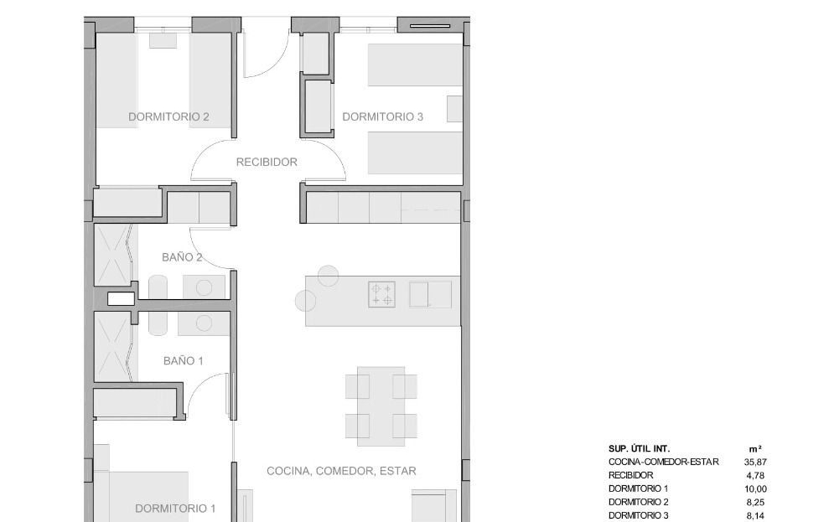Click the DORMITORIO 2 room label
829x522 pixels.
point(168,116)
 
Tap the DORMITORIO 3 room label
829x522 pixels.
point(383,116)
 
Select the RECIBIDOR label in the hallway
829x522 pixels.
point(267,163)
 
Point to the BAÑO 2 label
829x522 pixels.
point(182,257)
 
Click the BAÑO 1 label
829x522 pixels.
point(184,361)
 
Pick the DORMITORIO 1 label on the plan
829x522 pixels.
point(175,509)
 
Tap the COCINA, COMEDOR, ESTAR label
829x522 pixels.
point(341,471)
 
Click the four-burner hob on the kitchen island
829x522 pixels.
point(381,294)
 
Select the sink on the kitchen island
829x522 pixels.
point(430,294)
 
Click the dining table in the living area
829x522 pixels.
point(381,406)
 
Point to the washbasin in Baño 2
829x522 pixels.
point(204,287)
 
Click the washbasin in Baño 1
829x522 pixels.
point(204,323)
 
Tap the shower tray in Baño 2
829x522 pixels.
point(111,256)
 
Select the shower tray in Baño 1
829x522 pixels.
point(111,346)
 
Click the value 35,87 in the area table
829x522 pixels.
point(755,462)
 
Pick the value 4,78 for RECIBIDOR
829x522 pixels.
point(755,476)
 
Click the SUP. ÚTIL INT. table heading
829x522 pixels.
point(640,448)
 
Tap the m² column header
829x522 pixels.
point(755,448)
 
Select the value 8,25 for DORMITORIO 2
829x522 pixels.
point(755,503)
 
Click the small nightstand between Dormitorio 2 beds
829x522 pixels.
point(163,40)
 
